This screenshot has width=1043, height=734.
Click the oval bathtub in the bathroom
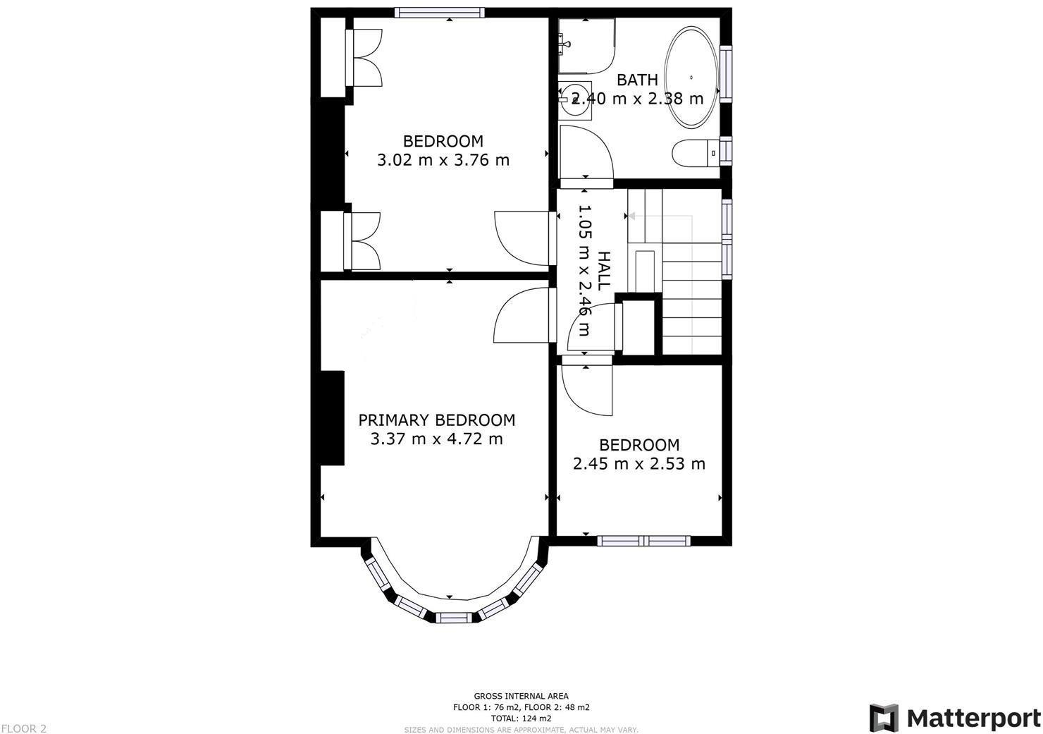693,78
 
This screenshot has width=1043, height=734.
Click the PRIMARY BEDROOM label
436,420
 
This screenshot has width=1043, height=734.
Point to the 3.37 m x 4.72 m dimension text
436,439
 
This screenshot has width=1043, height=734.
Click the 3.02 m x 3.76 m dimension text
443,160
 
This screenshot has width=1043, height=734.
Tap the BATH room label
637,80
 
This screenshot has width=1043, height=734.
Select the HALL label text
604,271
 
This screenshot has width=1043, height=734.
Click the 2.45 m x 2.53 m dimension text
638,464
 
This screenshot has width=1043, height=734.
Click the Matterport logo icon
884,718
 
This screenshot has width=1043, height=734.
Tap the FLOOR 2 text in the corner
23,728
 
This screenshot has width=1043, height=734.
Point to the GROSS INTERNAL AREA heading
521,696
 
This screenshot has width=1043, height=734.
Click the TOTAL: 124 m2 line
521,718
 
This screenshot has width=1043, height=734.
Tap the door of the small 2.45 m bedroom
586,388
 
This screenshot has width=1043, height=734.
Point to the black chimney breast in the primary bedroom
333,417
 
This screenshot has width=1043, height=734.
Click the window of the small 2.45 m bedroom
643,541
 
